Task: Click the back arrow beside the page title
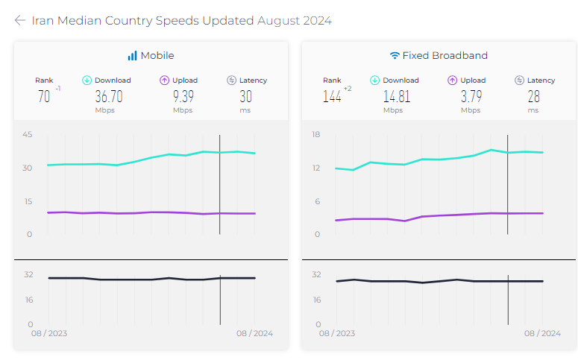(x=20, y=21)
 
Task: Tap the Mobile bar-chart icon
(x=132, y=56)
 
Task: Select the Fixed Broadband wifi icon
(x=395, y=56)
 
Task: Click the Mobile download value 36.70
(x=109, y=96)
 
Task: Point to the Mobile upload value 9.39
(x=183, y=96)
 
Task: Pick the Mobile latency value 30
(x=245, y=96)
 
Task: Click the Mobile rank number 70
(x=44, y=96)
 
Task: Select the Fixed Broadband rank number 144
(x=331, y=96)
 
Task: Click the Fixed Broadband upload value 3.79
(x=470, y=96)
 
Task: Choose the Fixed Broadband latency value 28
(x=533, y=96)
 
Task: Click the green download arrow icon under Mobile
(x=87, y=80)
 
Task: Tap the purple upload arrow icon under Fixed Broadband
(x=452, y=80)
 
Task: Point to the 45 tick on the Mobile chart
(x=27, y=135)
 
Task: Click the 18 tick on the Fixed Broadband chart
(x=315, y=135)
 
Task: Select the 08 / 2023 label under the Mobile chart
(x=49, y=333)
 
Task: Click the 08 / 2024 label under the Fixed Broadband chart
(x=541, y=333)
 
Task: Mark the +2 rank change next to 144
(x=348, y=89)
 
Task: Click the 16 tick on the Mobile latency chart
(x=28, y=300)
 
